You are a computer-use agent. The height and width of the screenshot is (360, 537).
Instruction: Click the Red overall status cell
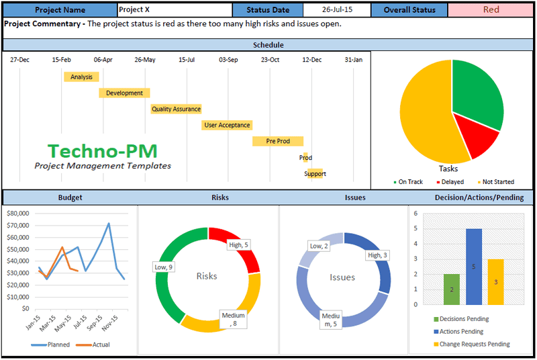tap(491, 10)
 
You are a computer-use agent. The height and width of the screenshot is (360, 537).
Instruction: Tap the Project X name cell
tap(175, 10)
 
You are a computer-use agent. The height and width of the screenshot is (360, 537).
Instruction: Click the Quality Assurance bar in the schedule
tap(176, 109)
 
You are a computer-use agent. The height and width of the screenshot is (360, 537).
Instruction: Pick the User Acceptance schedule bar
tap(227, 125)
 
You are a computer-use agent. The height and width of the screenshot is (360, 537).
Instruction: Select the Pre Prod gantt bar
tap(278, 141)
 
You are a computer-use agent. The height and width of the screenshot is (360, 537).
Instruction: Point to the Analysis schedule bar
tap(81, 77)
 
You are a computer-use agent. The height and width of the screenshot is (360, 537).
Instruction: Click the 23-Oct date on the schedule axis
tap(271, 60)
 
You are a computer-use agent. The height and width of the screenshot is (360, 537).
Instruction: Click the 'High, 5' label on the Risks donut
tap(238, 244)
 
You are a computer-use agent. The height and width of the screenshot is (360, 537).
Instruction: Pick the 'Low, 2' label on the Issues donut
tap(319, 246)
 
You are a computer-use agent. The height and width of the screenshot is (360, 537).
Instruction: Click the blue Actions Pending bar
tap(474, 267)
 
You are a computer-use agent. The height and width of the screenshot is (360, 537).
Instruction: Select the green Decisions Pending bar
tap(452, 289)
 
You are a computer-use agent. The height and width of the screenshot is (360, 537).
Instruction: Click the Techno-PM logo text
tap(103, 150)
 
